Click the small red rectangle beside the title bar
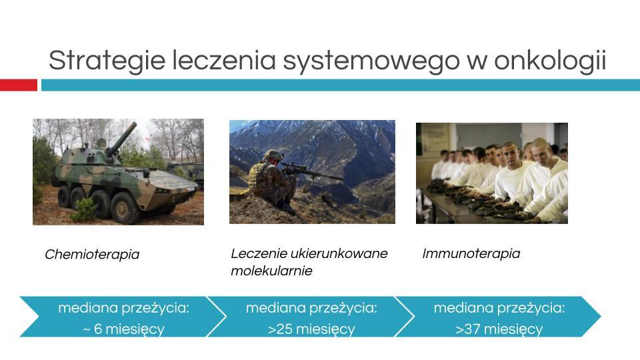[18, 85]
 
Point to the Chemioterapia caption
[92, 254]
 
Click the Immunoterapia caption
[471, 253]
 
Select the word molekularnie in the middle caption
[271, 271]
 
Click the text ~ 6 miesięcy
[123, 329]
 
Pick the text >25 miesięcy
[311, 329]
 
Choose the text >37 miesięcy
[499, 329]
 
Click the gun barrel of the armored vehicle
[120, 137]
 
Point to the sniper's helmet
[273, 155]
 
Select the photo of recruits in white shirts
[491, 173]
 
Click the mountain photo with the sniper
[312, 171]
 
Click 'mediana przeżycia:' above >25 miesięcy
[311, 308]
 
